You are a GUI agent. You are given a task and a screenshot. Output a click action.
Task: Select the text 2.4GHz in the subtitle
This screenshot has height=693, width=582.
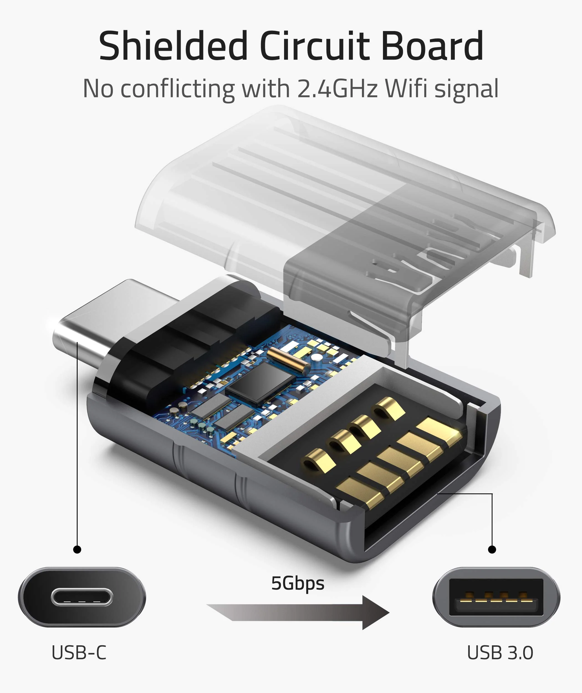coord(337,88)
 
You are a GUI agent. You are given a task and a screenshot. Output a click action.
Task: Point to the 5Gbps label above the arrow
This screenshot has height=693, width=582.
coord(298,584)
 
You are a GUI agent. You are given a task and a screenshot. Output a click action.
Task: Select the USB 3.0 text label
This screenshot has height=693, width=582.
coord(500,653)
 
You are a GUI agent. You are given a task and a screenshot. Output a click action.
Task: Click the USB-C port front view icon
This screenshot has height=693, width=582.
coord(82,597)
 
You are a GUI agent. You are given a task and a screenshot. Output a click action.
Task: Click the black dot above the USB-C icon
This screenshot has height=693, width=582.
coord(77,549)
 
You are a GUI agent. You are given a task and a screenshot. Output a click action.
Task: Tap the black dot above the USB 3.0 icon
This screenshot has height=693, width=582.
coord(492,549)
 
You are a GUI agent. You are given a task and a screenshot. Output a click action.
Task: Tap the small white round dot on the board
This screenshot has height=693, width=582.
coord(316,357)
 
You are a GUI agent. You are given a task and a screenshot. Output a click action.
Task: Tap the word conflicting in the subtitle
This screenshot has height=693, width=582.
coord(177,88)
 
